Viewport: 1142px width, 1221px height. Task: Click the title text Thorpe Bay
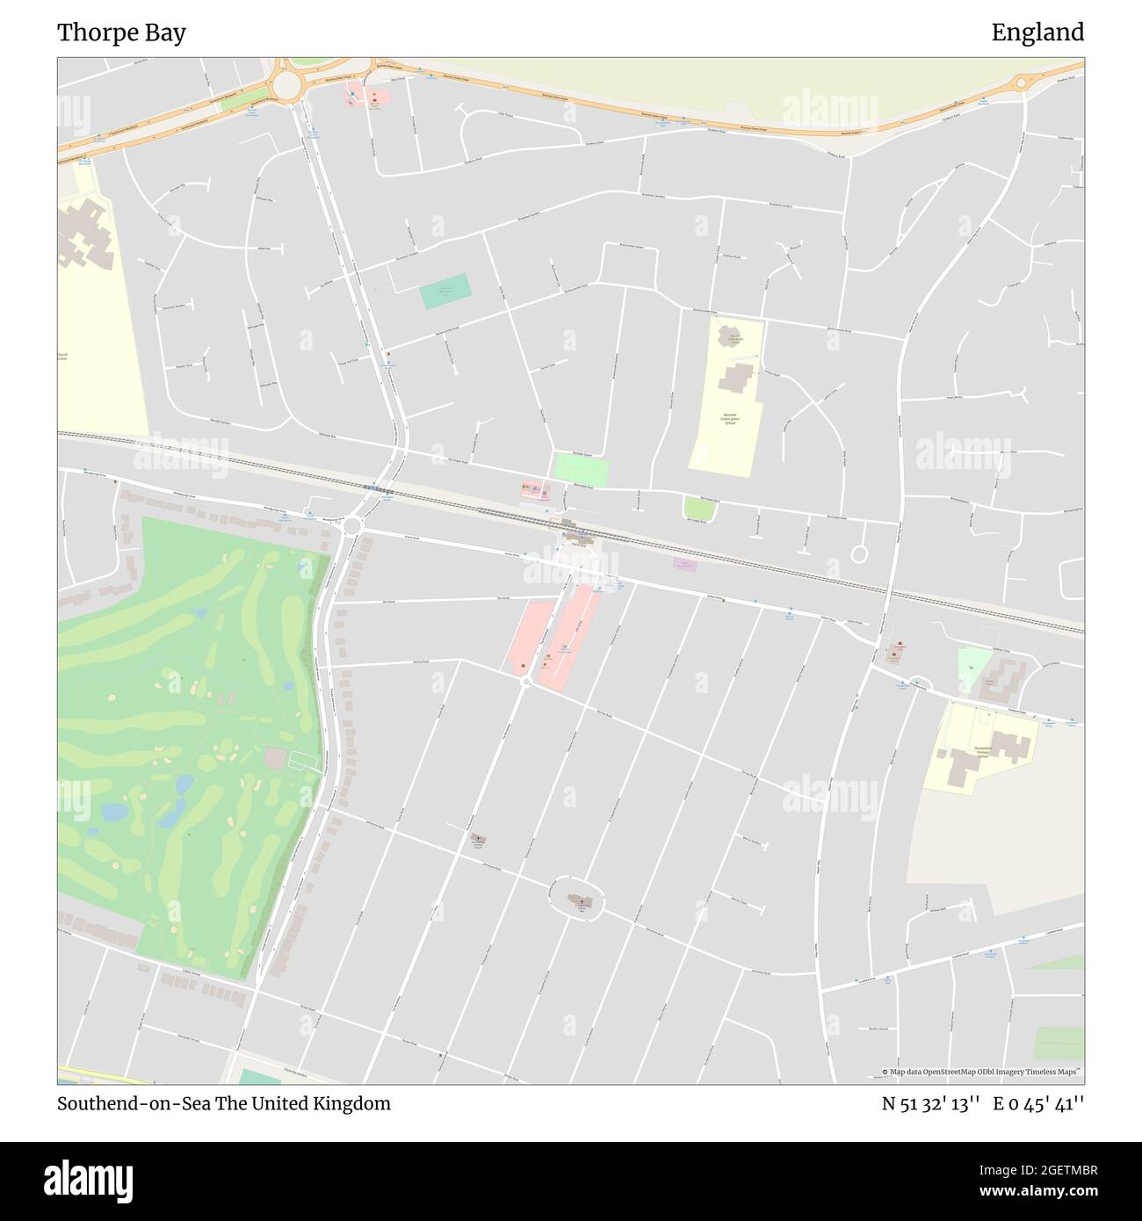click(121, 33)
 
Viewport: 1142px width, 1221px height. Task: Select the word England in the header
click(1037, 33)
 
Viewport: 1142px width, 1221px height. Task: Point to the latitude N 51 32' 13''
click(931, 1104)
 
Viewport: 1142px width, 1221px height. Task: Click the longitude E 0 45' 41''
click(1038, 1104)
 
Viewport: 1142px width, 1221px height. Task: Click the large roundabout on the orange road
click(286, 84)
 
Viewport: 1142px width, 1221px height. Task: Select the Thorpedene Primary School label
click(982, 751)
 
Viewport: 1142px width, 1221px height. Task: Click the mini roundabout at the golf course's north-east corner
click(352, 525)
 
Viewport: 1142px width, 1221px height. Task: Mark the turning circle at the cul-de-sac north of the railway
click(859, 554)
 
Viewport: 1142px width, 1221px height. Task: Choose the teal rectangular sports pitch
click(445, 291)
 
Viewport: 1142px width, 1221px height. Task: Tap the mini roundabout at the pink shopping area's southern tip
click(525, 681)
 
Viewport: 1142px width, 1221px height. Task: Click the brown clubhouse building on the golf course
click(274, 757)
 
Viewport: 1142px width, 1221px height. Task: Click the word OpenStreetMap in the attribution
click(948, 1072)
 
